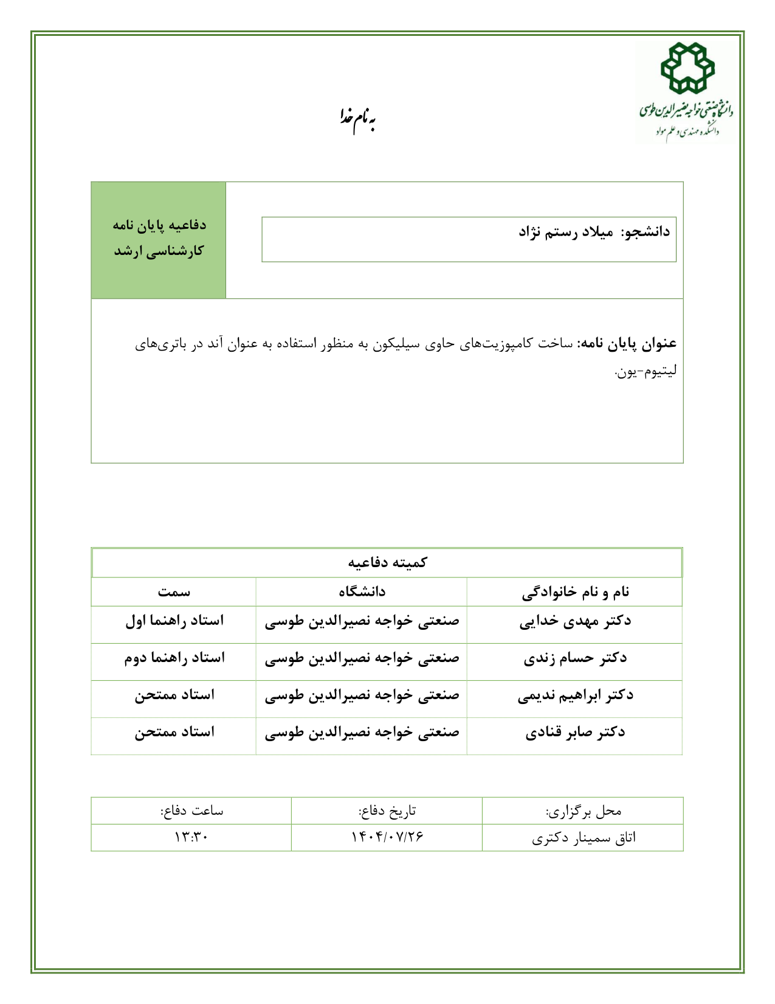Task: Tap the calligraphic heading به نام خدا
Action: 357,117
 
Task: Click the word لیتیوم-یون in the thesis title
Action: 646,371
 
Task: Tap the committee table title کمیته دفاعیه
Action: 387,562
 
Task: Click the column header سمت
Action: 174,591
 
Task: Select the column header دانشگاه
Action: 362,591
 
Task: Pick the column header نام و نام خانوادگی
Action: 575,591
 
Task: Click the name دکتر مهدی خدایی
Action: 575,621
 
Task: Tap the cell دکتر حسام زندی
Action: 575,658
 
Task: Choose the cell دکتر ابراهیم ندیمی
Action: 575,695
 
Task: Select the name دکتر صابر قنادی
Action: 575,733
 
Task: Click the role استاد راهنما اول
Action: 174,621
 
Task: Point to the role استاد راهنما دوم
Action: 174,658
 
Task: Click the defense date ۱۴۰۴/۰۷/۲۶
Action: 387,837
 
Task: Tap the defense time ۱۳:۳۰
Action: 191,837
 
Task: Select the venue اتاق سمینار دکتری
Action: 584,838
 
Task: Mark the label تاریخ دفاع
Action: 387,811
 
